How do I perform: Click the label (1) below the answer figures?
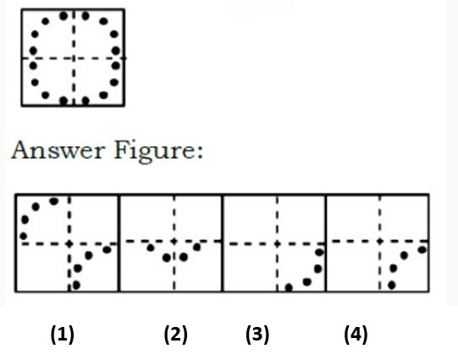pyautogui.click(x=62, y=335)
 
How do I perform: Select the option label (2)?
pyautogui.click(x=175, y=335)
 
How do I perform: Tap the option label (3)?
pyautogui.click(x=257, y=335)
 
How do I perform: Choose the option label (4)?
pyautogui.click(x=356, y=335)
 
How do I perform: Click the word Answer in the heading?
pyautogui.click(x=58, y=150)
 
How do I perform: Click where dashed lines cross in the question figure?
pyautogui.click(x=74, y=58)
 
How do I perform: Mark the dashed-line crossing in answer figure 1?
pyautogui.click(x=69, y=244)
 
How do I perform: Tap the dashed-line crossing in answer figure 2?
pyautogui.click(x=174, y=241)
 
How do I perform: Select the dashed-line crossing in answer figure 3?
pyautogui.click(x=277, y=244)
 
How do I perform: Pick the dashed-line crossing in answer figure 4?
pyautogui.click(x=380, y=241)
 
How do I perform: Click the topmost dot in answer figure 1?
pyautogui.click(x=54, y=201)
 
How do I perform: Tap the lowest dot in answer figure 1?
pyautogui.click(x=76, y=285)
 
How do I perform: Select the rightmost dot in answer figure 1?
pyautogui.click(x=108, y=250)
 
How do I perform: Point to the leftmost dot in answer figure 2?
pyautogui.click(x=151, y=248)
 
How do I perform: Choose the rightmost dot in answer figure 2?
pyautogui.click(x=197, y=247)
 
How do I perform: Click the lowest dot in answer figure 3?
pyautogui.click(x=289, y=287)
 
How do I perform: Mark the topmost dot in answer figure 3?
pyautogui.click(x=319, y=252)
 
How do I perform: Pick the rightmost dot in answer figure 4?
pyautogui.click(x=422, y=250)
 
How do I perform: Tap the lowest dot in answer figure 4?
pyautogui.click(x=392, y=285)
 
